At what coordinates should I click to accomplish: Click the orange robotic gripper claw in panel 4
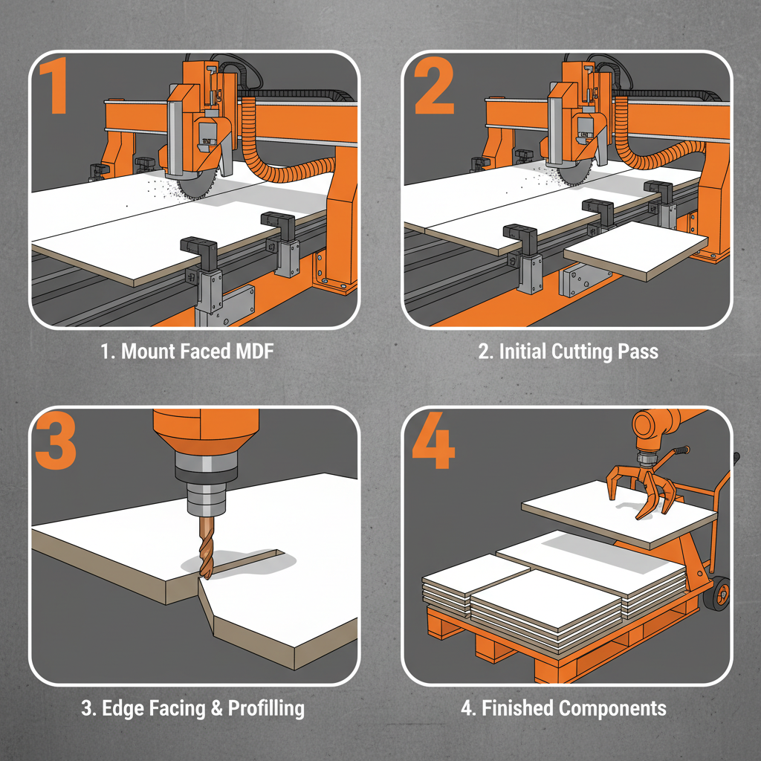(643, 490)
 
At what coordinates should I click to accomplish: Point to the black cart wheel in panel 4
(718, 595)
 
